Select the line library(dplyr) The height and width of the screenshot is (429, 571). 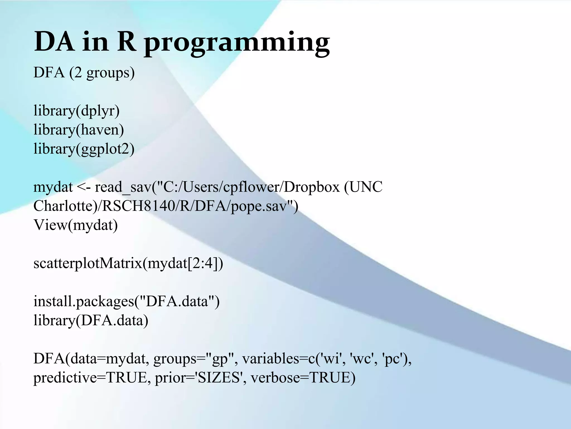76,111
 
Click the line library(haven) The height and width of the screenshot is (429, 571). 79,130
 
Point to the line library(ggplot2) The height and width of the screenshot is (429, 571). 84,149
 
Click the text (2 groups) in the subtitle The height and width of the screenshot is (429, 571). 102,73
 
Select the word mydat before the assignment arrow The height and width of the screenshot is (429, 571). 53,187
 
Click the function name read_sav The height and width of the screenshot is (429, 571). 123,187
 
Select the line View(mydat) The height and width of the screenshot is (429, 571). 76,225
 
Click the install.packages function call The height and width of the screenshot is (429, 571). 126,301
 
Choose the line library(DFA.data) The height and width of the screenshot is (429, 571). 91,320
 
